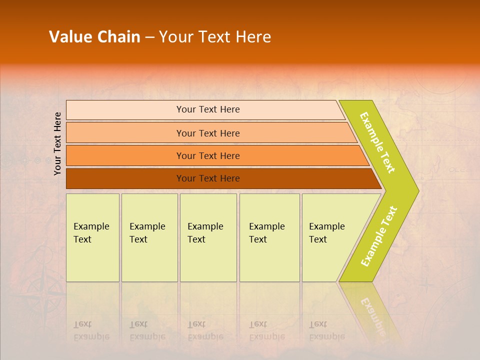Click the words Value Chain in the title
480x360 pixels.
[x=94, y=37]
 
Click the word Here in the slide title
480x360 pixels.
[x=253, y=37]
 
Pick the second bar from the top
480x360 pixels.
[x=208, y=133]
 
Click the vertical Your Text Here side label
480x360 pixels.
[x=58, y=143]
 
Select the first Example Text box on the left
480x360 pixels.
[x=92, y=237]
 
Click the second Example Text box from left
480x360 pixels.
[x=149, y=237]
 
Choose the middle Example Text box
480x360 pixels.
[x=208, y=237]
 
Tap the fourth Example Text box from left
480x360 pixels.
[x=269, y=237]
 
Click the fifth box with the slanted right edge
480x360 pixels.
[x=330, y=237]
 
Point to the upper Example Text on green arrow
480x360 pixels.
[x=377, y=142]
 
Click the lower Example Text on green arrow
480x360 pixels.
[x=378, y=236]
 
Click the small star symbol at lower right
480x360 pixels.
[x=425, y=285]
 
